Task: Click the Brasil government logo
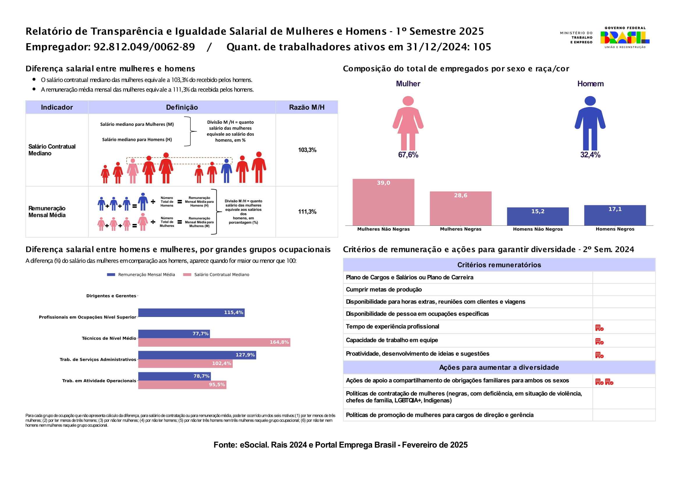(x=625, y=37)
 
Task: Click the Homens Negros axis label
(x=615, y=229)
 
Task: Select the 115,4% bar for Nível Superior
(x=191, y=312)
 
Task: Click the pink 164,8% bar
(x=214, y=342)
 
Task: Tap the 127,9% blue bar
(x=197, y=355)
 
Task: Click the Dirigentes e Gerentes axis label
(x=111, y=296)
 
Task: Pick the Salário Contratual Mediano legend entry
(x=221, y=275)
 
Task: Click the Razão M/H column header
(x=307, y=107)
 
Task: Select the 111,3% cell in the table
(x=307, y=212)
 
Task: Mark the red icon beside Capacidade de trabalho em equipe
(x=599, y=341)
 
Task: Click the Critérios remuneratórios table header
(x=499, y=265)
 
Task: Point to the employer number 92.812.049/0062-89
(x=144, y=47)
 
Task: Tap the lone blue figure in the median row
(x=226, y=171)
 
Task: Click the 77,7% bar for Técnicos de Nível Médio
(x=174, y=334)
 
